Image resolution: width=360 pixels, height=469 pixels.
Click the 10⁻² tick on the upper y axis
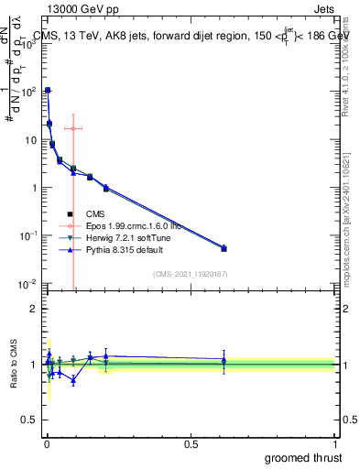(x=28, y=284)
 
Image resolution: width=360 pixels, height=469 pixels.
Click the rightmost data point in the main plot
(x=224, y=248)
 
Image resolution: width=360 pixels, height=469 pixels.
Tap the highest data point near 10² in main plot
(x=48, y=90)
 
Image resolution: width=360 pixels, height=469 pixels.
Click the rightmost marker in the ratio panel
(x=224, y=361)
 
